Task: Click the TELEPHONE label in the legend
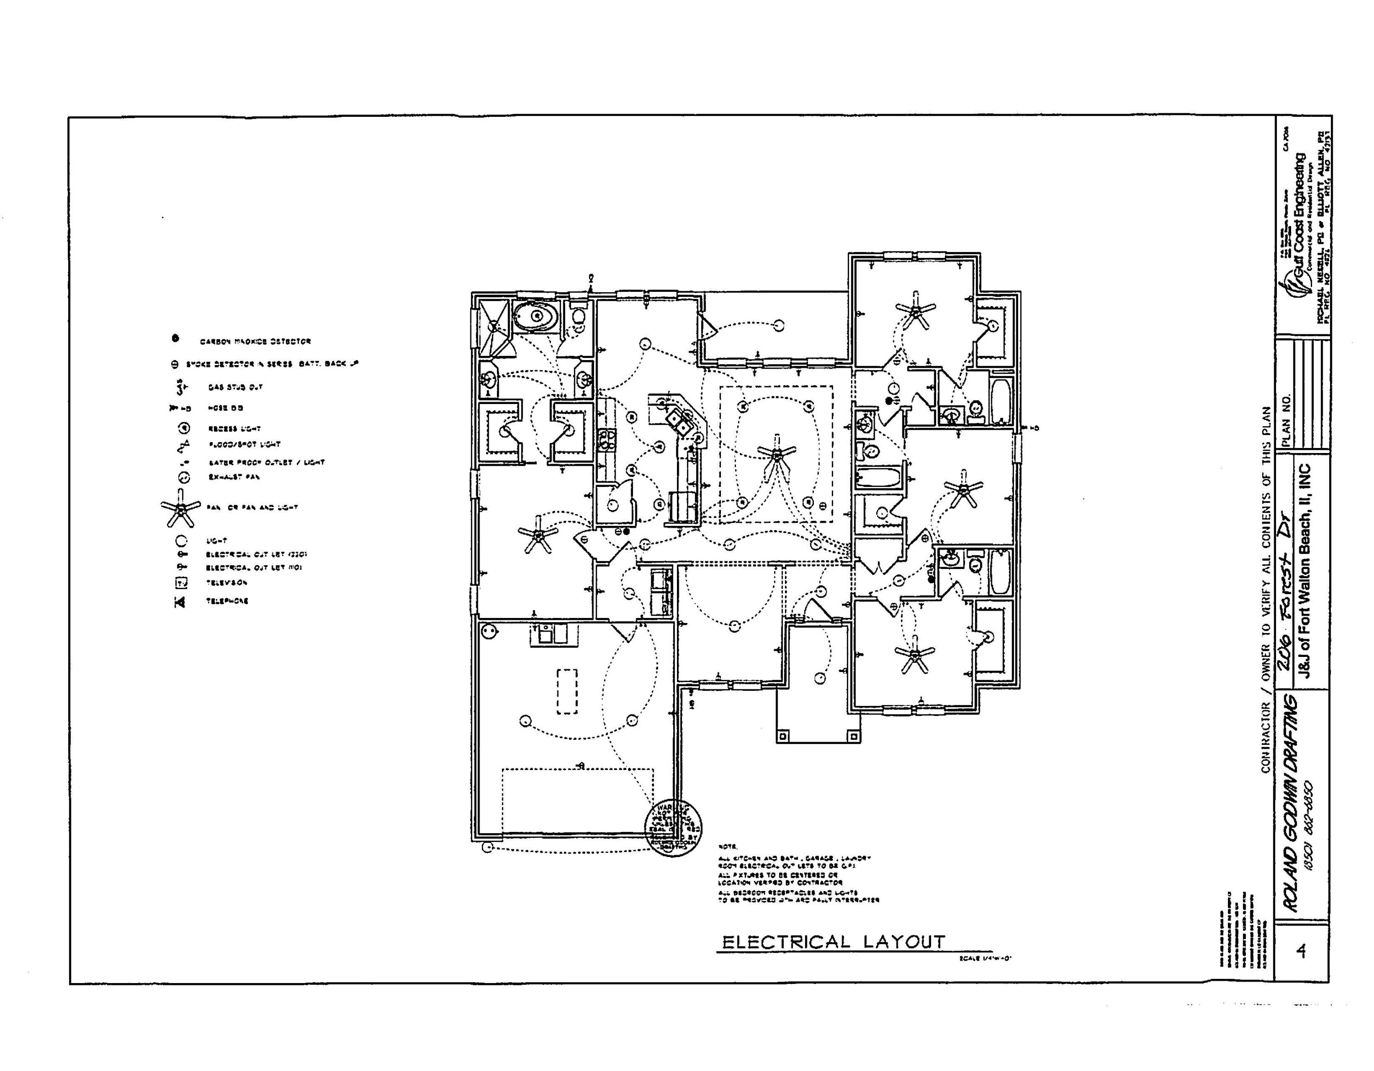click(x=227, y=601)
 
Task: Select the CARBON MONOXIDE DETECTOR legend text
click(x=255, y=341)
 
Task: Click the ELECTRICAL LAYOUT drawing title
click(x=833, y=942)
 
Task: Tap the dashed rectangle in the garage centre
click(x=567, y=691)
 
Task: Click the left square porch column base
click(x=783, y=736)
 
